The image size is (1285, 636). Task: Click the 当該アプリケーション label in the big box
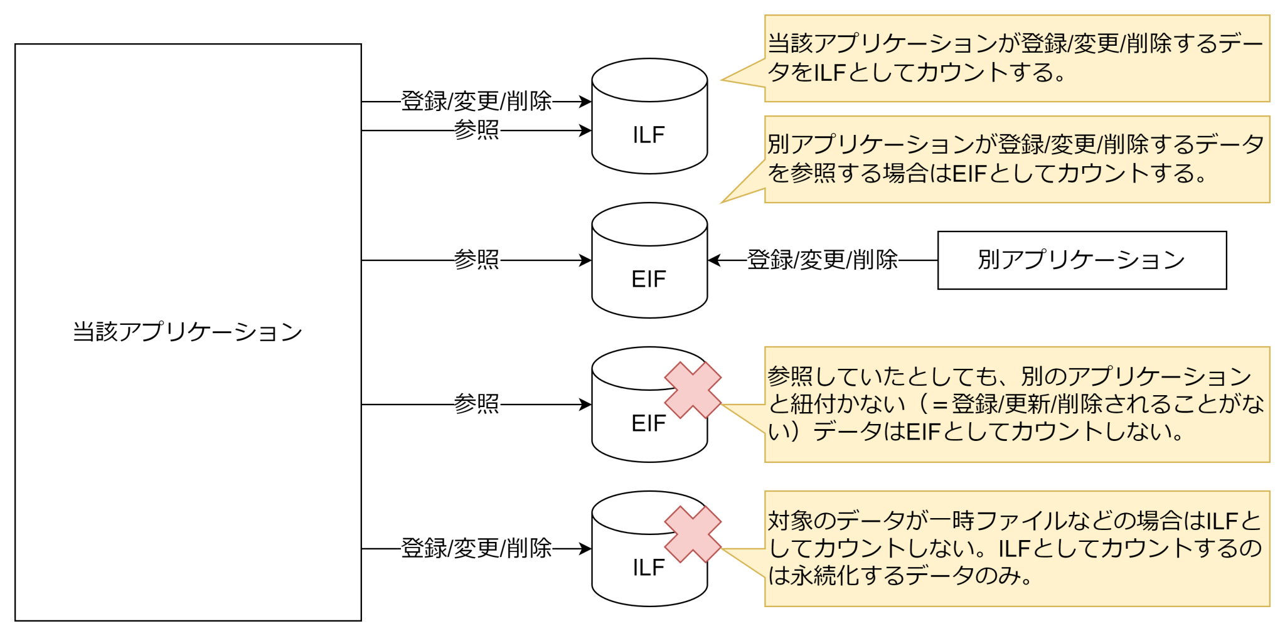pos(188,332)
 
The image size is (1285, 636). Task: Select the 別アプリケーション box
pos(1081,260)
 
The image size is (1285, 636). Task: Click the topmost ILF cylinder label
pos(649,135)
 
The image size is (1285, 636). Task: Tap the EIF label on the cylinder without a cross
pos(649,279)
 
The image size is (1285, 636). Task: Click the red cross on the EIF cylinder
pos(693,390)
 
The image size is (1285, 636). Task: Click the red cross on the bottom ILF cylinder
pos(693,534)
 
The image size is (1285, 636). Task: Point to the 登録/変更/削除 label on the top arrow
pos(476,101)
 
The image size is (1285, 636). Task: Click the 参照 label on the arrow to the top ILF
pos(476,130)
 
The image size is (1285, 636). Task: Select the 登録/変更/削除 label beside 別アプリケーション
pos(822,260)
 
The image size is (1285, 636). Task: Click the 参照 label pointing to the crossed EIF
pos(476,404)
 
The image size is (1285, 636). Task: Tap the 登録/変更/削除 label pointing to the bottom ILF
pos(476,548)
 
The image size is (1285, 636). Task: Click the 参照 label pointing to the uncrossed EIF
pos(476,260)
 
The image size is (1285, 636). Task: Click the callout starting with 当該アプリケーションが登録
pos(1016,58)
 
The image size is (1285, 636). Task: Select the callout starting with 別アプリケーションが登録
pos(1016,159)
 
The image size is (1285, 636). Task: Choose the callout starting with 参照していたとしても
pos(1016,405)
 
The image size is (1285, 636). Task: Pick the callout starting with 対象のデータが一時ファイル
pos(1016,549)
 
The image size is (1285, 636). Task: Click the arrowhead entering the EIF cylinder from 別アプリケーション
pos(713,260)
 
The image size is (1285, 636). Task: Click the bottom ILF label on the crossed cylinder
pos(649,568)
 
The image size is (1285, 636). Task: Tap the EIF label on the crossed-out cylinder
pos(649,423)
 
